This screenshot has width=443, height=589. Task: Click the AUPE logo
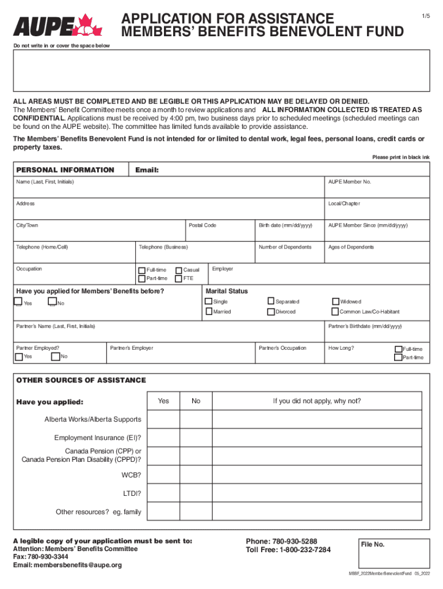(57, 25)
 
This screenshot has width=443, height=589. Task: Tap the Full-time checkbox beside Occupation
(142, 270)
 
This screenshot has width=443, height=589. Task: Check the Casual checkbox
(179, 270)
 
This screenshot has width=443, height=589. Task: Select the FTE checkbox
(179, 279)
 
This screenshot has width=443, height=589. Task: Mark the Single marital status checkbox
(209, 301)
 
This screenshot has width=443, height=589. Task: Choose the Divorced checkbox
(271, 312)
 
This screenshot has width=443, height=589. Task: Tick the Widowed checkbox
(336, 301)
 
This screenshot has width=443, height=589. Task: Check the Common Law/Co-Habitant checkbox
(336, 312)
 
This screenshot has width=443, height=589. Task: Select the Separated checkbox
(271, 301)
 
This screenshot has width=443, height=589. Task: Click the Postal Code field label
(203, 225)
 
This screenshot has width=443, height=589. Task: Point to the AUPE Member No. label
(349, 182)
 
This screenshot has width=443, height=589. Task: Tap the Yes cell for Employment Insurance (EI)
(163, 438)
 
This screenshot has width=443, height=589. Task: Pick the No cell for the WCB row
(196, 475)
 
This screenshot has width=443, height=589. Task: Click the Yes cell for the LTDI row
(163, 493)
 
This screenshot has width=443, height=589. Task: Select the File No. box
(392, 553)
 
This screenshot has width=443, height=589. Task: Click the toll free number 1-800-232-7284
(304, 550)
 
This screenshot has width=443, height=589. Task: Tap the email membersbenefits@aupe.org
(78, 565)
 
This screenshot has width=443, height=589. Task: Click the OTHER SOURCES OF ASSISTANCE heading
(81, 380)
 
